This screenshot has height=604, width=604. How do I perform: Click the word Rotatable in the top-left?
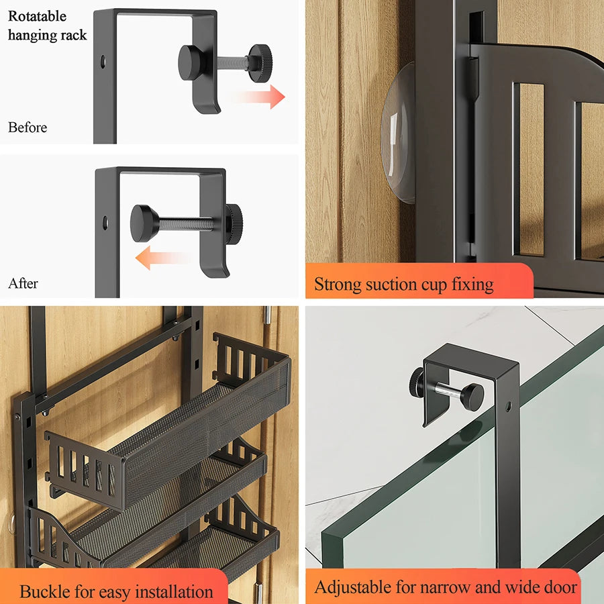tap(37, 15)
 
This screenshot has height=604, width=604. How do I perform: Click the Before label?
tap(28, 127)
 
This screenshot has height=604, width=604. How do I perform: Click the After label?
tap(23, 283)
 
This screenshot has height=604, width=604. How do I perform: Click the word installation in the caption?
tap(170, 591)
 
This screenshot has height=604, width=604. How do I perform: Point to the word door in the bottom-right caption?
tap(559, 587)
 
